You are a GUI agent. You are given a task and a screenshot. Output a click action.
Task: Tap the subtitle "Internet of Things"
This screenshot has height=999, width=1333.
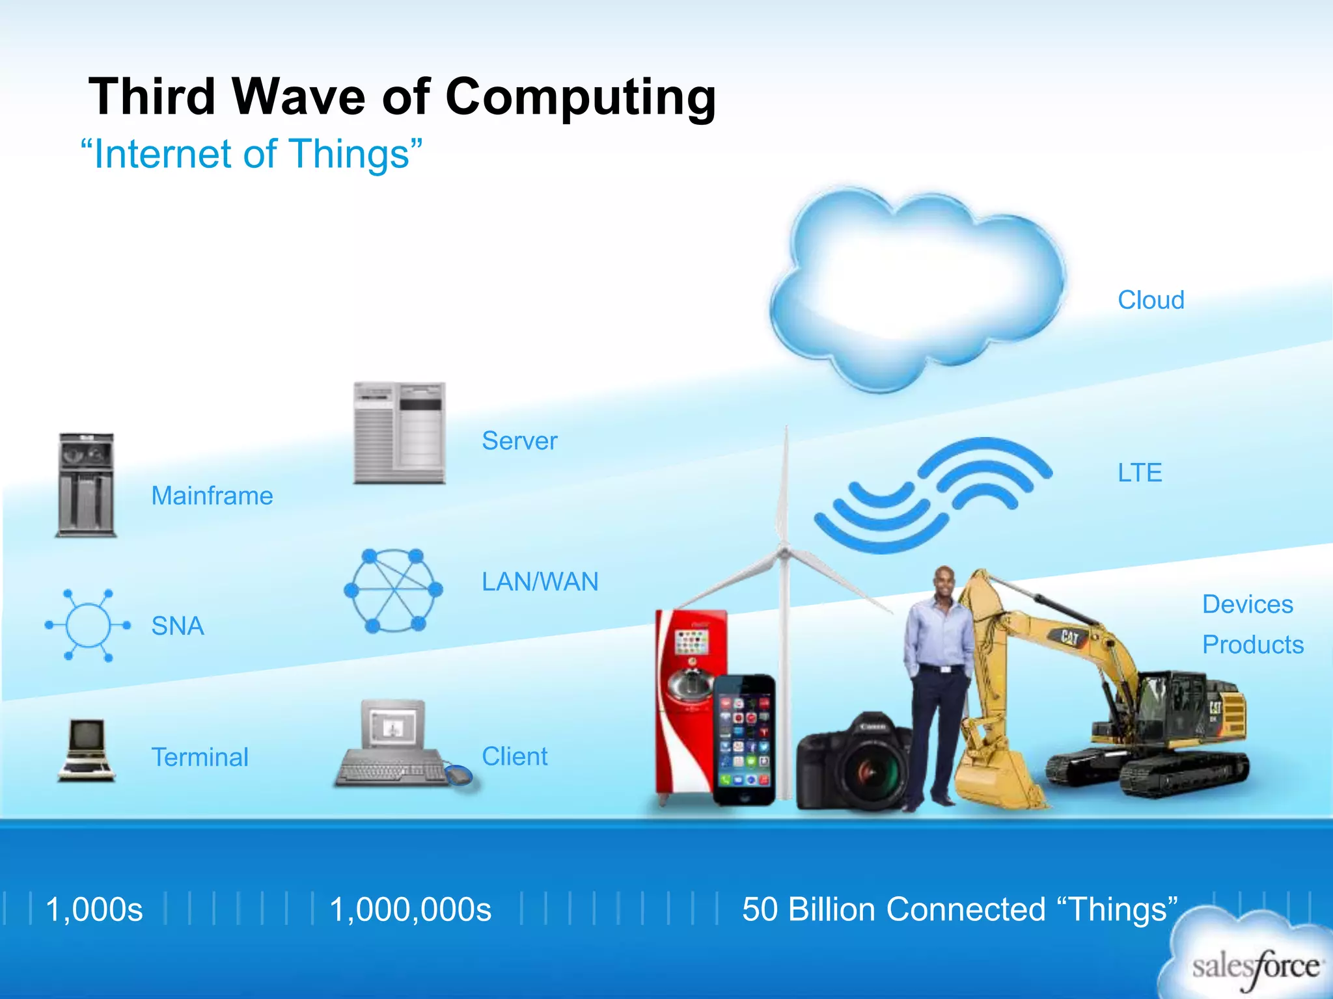click(251, 155)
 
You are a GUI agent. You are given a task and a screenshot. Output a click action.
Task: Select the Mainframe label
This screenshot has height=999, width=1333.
click(212, 496)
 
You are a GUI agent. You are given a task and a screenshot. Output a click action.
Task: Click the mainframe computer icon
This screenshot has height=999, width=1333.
click(86, 485)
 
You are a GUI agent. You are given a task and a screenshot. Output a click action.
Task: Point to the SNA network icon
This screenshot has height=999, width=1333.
click(88, 625)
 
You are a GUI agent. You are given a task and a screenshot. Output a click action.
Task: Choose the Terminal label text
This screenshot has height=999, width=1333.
click(200, 757)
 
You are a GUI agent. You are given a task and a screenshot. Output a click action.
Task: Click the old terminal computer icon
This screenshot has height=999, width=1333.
click(87, 749)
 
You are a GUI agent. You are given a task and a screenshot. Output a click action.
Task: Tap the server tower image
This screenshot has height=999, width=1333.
click(399, 433)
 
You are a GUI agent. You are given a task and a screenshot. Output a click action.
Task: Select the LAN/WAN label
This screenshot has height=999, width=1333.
click(540, 581)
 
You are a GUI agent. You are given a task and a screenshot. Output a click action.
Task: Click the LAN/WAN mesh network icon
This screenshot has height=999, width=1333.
click(393, 591)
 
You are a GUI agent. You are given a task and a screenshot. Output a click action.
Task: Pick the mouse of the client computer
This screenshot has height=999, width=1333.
click(459, 775)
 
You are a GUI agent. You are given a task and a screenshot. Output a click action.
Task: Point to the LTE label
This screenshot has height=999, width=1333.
click(1140, 473)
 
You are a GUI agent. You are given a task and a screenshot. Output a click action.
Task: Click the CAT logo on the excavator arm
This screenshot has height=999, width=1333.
click(1070, 635)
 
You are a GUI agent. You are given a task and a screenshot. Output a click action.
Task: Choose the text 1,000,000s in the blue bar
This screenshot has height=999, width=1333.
click(410, 909)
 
